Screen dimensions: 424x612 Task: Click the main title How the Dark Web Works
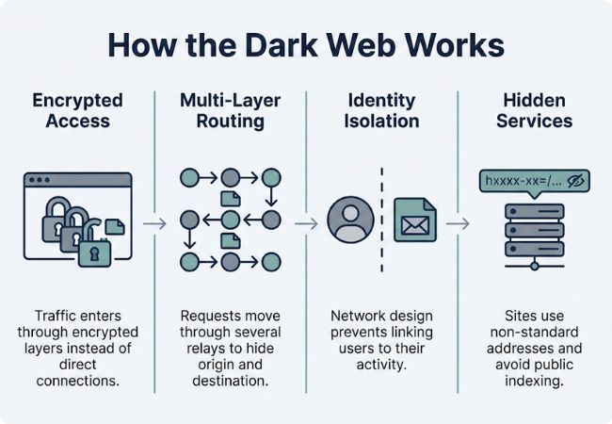306,46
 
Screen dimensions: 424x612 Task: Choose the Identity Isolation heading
380,109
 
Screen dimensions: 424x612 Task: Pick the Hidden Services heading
534,109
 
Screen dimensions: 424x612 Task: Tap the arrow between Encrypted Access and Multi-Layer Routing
157,223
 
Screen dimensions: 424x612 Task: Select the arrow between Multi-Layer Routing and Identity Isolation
305,223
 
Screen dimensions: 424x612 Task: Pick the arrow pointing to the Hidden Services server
459,223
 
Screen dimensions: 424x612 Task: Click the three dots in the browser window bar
40,180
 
